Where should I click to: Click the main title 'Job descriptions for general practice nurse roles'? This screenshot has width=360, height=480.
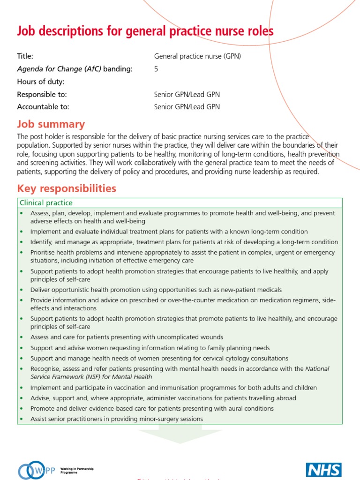point(145,31)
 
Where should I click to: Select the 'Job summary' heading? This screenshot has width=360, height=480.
point(51,124)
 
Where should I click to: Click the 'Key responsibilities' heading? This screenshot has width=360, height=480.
point(67,188)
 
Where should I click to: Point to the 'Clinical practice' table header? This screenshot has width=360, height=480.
point(45,203)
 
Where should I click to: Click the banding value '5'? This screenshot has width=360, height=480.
point(156,69)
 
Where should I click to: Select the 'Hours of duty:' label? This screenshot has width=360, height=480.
point(41,82)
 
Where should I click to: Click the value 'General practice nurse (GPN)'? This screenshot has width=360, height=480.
point(197,56)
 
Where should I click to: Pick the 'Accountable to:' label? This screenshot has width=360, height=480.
point(43,107)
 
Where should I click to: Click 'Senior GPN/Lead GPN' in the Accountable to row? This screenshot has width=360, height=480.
point(187,107)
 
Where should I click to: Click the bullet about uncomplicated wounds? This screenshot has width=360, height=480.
point(127,337)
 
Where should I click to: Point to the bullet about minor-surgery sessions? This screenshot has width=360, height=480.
point(116,419)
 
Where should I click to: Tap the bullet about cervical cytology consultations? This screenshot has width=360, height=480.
point(159,358)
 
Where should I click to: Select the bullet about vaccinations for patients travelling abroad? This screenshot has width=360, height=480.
point(163,398)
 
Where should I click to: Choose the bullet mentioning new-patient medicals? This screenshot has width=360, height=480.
point(156,290)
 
